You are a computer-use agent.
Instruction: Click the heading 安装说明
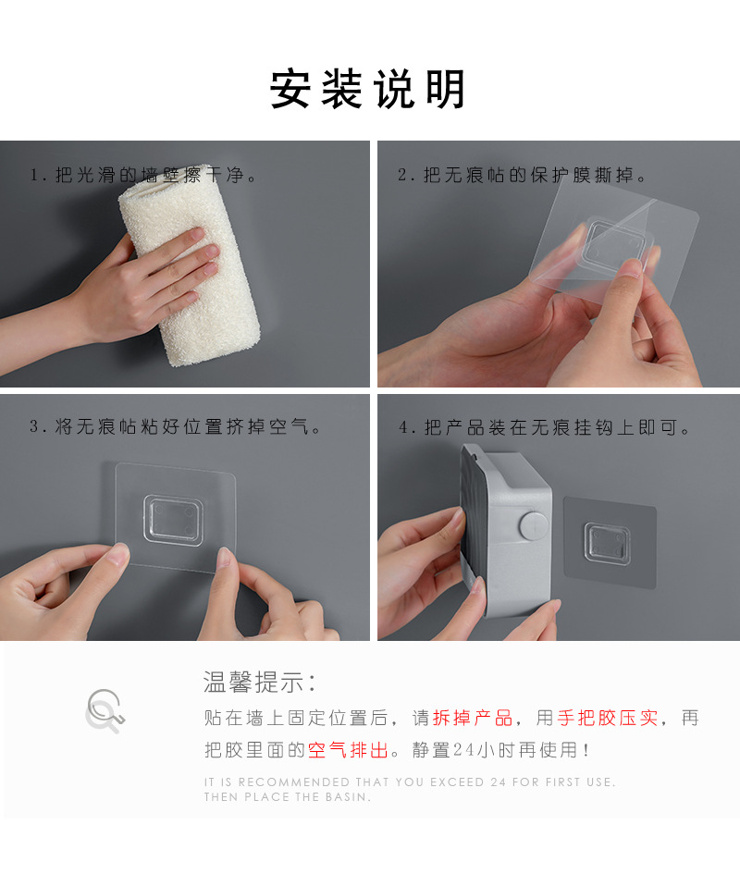coord(368,91)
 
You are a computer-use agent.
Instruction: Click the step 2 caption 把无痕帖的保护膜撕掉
coord(523,175)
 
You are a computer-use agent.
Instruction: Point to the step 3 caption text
coord(176,427)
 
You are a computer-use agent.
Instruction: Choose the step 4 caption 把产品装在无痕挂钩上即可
coord(546,427)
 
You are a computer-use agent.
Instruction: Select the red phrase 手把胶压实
coord(607,718)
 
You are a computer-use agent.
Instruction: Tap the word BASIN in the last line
coord(347,797)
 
